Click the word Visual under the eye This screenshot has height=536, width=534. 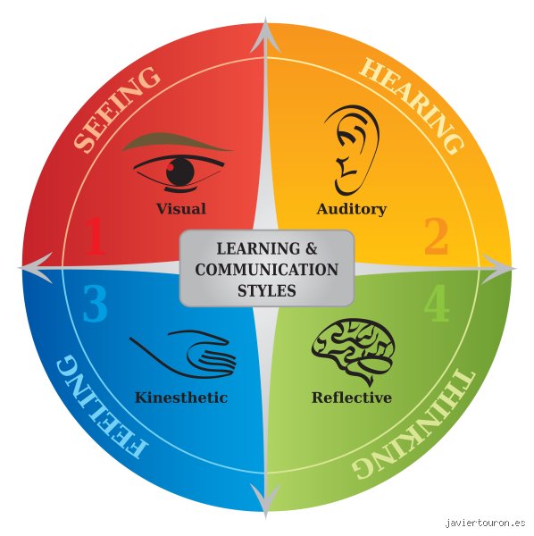[x=181, y=208]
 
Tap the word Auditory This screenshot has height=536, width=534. [x=352, y=209]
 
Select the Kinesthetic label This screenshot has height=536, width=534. [x=181, y=398]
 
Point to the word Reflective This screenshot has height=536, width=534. [x=352, y=398]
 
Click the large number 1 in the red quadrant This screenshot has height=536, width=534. [x=96, y=236]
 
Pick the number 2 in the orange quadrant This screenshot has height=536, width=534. [x=437, y=236]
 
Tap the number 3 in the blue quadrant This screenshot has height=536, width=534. [x=95, y=303]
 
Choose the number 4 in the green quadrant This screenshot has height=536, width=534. [x=437, y=303]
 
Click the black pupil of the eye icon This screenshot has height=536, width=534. [x=180, y=172]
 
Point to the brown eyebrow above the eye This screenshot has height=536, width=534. [x=177, y=142]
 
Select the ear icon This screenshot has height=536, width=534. [x=352, y=150]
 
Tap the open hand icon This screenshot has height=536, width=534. [x=183, y=355]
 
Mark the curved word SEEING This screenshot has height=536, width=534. [x=116, y=109]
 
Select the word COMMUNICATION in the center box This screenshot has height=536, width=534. [x=267, y=270]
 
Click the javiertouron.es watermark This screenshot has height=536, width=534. [x=485, y=523]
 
